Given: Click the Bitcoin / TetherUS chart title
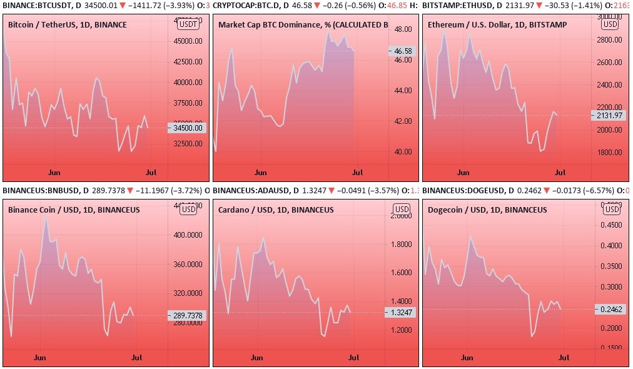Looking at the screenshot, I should tap(68, 25).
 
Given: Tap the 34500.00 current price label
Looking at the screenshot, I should tap(188, 128).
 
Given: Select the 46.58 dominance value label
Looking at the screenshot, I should tap(400, 51).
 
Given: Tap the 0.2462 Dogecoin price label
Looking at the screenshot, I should tap(609, 309).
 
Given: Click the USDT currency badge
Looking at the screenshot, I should tap(188, 24).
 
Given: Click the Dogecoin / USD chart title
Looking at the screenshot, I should tap(487, 210).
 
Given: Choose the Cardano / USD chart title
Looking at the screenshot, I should tap(276, 210).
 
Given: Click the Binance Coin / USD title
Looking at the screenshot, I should tap(74, 210).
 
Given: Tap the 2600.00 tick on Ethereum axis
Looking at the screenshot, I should tap(608, 62).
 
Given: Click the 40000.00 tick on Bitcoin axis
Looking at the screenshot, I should tap(188, 82).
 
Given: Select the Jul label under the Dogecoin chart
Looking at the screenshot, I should tap(564, 358).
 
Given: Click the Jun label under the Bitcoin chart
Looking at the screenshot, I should tap(54, 171).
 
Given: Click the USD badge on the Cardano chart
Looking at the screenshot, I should tap(400, 209).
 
